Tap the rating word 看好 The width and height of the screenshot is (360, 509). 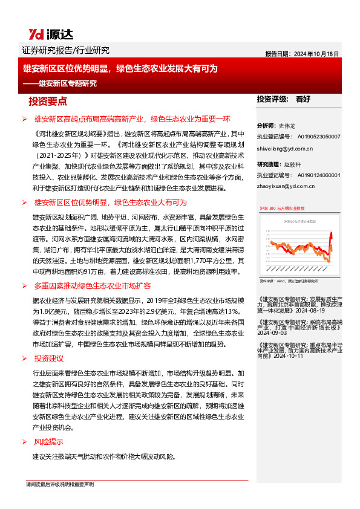pos(303,99)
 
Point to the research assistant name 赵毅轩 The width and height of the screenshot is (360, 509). pos(293,164)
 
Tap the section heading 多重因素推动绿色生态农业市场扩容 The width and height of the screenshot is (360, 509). pos(100,285)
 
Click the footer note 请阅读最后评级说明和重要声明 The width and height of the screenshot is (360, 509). pos(60,484)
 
